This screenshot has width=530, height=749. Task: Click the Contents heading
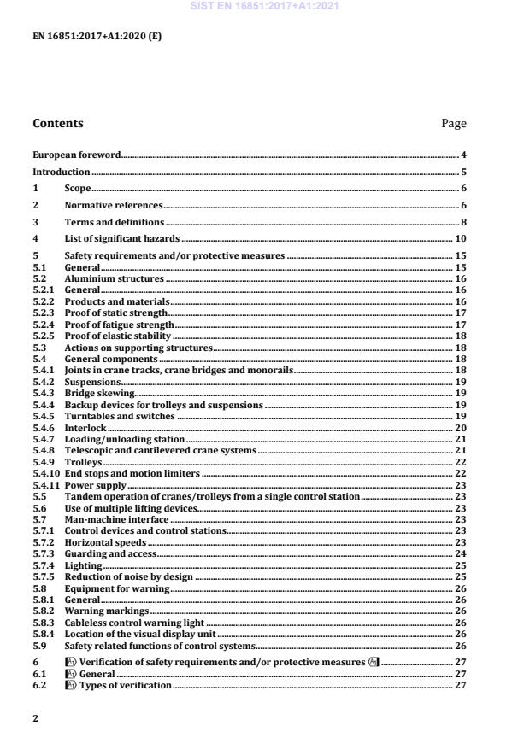[58, 123]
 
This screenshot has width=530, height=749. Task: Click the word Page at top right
[454, 123]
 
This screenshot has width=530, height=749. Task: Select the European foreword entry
[76, 155]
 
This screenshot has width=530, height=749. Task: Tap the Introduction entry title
[62, 172]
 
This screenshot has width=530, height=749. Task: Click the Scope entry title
[78, 188]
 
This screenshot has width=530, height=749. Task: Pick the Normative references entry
[114, 205]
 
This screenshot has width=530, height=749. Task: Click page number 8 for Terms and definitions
[463, 222]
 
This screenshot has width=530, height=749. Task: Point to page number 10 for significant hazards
[461, 238]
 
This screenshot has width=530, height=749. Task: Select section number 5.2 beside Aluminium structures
[39, 279]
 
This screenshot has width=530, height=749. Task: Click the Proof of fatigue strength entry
[119, 325]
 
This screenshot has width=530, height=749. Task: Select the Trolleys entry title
[84, 462]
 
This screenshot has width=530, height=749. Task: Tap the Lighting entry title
[83, 565]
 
